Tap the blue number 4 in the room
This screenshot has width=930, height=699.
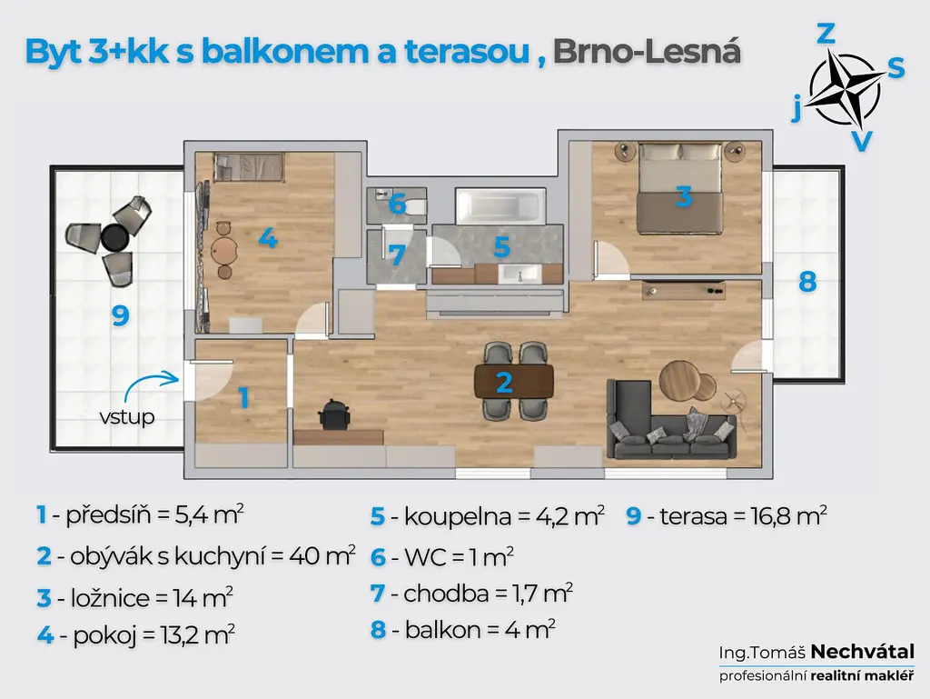(x=268, y=238)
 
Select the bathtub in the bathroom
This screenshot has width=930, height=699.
(x=500, y=206)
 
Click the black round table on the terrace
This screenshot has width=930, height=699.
(x=114, y=238)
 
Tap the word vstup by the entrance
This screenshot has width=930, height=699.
(x=127, y=416)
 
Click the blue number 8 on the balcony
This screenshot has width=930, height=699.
(x=807, y=281)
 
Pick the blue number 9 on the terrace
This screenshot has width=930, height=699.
(x=121, y=315)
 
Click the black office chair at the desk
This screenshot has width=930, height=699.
(x=334, y=414)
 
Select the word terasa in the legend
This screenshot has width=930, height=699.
(x=693, y=516)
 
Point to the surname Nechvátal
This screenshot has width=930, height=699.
(x=863, y=652)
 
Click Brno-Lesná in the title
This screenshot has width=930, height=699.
(x=647, y=52)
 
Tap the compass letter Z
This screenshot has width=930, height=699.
(x=826, y=34)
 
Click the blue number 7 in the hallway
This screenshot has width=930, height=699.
(x=396, y=255)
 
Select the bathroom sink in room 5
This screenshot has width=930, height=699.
(x=519, y=275)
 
